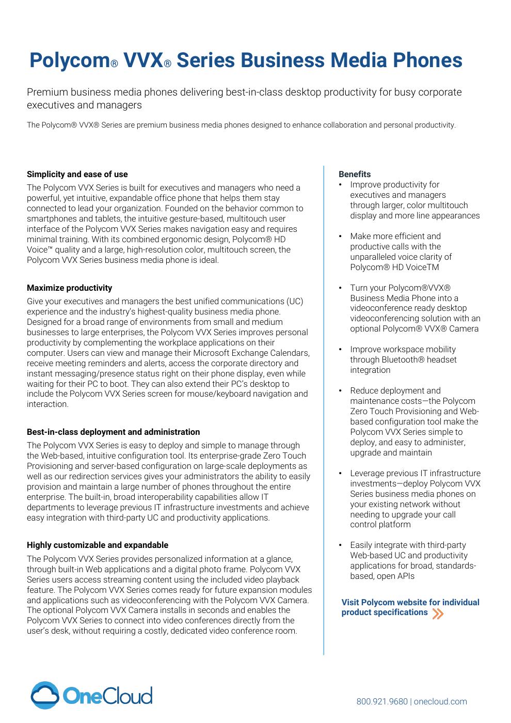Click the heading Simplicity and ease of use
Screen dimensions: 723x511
click(77, 174)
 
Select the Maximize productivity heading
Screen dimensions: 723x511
click(69, 288)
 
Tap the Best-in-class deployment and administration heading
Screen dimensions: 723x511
click(113, 432)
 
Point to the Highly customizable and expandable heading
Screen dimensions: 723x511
click(98, 545)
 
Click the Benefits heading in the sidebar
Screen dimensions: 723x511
click(355, 174)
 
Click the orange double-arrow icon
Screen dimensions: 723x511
click(438, 614)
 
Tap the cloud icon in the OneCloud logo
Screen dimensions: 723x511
click(44, 695)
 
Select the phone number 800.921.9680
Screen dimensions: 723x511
click(382, 701)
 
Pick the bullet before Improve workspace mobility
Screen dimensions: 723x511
click(341, 350)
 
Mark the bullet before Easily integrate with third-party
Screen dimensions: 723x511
click(341, 545)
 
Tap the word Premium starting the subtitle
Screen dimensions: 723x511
click(45, 92)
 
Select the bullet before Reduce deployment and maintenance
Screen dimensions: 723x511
click(341, 391)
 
